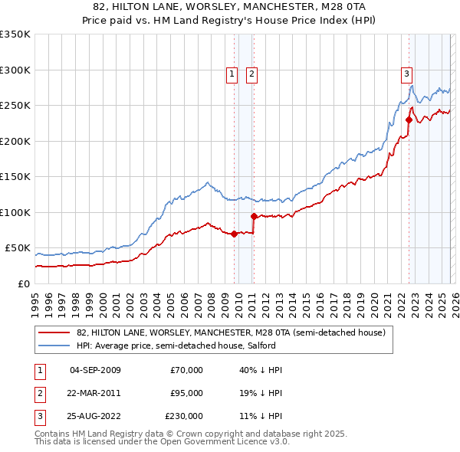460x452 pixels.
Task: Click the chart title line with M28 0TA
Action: click(x=230, y=7)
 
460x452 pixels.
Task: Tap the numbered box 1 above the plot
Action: click(x=232, y=74)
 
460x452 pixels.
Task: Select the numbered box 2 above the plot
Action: click(x=251, y=74)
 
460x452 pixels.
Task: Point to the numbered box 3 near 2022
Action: click(x=406, y=74)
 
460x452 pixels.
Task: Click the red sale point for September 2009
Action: click(x=234, y=234)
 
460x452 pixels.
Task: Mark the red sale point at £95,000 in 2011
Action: click(x=254, y=216)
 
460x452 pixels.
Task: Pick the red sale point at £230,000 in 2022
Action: click(x=409, y=120)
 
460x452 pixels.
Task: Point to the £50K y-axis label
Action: click(x=18, y=248)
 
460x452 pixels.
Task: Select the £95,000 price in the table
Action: click(x=186, y=393)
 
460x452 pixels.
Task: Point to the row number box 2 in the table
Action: click(x=38, y=393)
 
